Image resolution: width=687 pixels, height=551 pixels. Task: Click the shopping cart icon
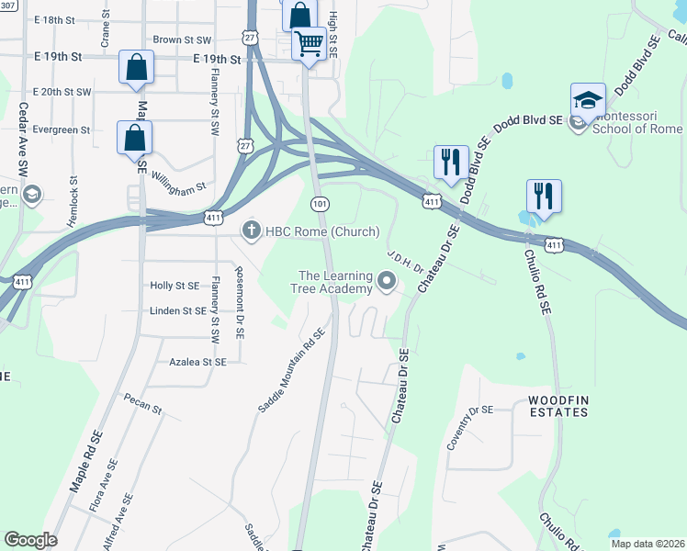coord(310,43)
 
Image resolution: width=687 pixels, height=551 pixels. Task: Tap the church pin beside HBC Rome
coord(252,231)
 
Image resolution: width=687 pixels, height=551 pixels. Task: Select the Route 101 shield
coord(319,202)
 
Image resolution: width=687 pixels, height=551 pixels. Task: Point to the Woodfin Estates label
coord(557,407)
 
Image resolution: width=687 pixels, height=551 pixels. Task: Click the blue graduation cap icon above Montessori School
coord(587,99)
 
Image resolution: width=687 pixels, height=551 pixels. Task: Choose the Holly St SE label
coord(175,287)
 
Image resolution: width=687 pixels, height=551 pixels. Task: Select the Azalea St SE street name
coord(197,362)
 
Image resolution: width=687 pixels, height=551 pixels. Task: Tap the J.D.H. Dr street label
coord(403,262)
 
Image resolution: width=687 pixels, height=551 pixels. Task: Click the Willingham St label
coord(178,184)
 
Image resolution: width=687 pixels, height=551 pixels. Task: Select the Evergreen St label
coord(61,129)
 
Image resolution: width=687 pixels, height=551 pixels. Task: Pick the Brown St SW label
coord(182,39)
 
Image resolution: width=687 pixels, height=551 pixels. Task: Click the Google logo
coord(29,540)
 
